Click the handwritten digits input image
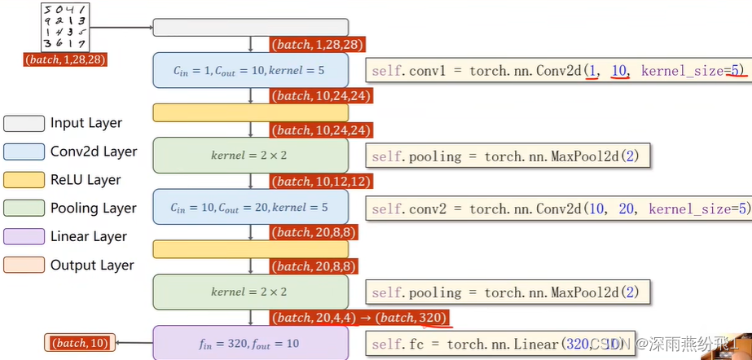point(64,27)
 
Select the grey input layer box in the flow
point(250,28)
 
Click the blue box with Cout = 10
point(250,71)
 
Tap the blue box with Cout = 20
point(250,207)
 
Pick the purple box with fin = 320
point(250,343)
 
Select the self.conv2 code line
point(557,209)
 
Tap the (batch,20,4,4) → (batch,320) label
point(359,317)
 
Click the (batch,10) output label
point(80,343)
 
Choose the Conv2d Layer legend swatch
point(23,151)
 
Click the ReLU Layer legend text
point(86,180)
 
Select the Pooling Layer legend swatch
point(23,209)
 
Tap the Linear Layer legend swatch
point(23,237)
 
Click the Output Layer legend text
point(92,265)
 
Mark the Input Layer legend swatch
point(23,123)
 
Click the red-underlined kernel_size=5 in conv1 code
point(693,71)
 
